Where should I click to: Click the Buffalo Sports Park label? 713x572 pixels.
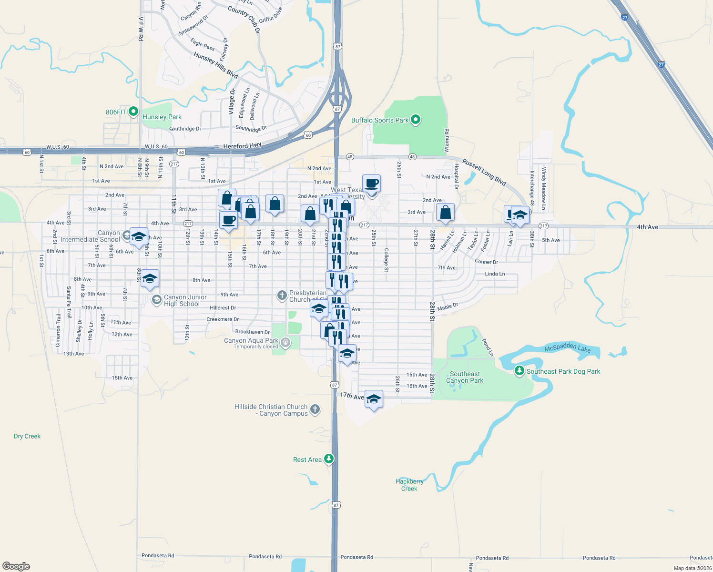coord(380,120)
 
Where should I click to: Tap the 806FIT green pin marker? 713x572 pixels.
coord(133,112)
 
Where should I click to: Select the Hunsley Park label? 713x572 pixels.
coord(162,117)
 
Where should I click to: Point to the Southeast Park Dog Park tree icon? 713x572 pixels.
coord(519,371)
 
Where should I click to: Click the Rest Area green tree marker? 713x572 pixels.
coord(329,459)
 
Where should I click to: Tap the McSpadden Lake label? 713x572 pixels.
coord(567,348)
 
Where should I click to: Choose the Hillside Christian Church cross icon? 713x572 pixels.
coord(315,409)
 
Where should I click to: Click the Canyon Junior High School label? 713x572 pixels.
coord(185,300)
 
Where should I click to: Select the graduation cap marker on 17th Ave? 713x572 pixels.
coord(374,399)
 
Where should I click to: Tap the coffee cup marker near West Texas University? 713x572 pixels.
coord(371,183)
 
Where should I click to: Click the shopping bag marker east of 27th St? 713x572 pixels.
coord(445,212)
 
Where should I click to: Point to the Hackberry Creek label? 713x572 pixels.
coord(409,485)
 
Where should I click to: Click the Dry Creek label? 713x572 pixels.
coord(27,436)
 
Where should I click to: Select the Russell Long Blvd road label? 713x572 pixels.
coord(484,172)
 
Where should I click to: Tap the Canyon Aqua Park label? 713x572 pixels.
coord(251,340)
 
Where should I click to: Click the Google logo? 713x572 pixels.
coord(16,566)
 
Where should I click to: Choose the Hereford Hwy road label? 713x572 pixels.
coord(242,145)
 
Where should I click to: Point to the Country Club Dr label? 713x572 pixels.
coord(244,19)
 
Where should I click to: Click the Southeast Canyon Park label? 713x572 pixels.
coord(465,378)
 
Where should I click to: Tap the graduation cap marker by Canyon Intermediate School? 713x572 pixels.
coord(139,236)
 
